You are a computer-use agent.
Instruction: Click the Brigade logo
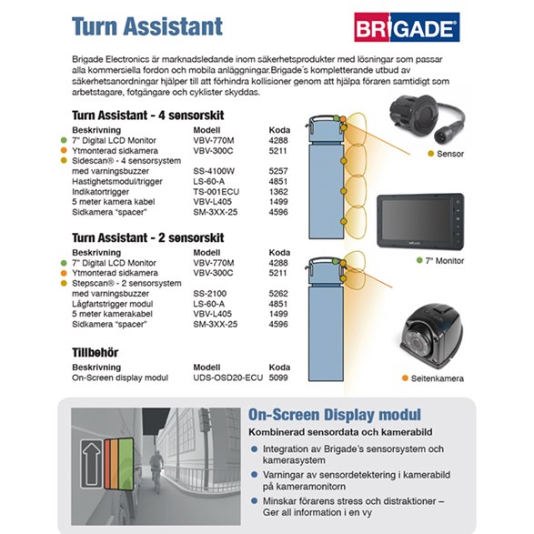tap(407, 27)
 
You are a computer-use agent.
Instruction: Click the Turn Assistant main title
tap(147, 26)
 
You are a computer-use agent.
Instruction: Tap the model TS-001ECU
tap(216, 192)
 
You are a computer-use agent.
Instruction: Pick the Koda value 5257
tap(278, 171)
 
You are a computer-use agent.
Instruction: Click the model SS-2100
tap(210, 294)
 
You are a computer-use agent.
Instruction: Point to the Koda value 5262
tap(278, 294)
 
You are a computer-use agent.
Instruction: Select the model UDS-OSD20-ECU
tap(227, 378)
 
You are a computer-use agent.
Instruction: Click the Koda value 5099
tap(278, 378)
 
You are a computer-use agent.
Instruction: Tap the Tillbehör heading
tap(95, 352)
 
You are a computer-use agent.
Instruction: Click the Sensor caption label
tap(450, 154)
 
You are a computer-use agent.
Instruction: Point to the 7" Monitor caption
tap(445, 261)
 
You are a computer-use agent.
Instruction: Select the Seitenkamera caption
tap(437, 378)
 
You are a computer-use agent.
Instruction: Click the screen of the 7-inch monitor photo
tap(416, 219)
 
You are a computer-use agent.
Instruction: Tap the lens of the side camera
tap(417, 343)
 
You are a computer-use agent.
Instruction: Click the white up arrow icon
tap(91, 464)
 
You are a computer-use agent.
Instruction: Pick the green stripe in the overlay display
tap(126, 464)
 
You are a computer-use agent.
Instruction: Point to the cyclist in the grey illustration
tap(156, 471)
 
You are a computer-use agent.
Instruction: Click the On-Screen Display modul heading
tap(335, 415)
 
